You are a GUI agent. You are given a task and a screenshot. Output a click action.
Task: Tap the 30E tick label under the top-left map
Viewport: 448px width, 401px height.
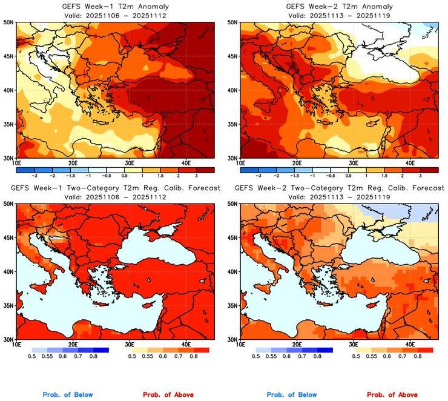tap(130, 162)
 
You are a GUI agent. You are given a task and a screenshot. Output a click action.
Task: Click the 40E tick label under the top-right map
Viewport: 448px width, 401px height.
tap(410, 162)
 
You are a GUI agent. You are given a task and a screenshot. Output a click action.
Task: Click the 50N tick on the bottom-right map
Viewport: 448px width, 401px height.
tap(232, 204)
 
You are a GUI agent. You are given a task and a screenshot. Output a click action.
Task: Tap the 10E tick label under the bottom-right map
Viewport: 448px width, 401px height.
tap(241, 344)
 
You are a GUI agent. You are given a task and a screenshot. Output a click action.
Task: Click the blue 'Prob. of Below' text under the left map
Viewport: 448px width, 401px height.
tap(68, 395)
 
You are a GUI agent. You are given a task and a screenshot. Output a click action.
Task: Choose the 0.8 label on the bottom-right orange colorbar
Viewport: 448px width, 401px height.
tap(417, 357)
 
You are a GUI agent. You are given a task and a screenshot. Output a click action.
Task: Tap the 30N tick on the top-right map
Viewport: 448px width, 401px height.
tap(232, 157)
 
